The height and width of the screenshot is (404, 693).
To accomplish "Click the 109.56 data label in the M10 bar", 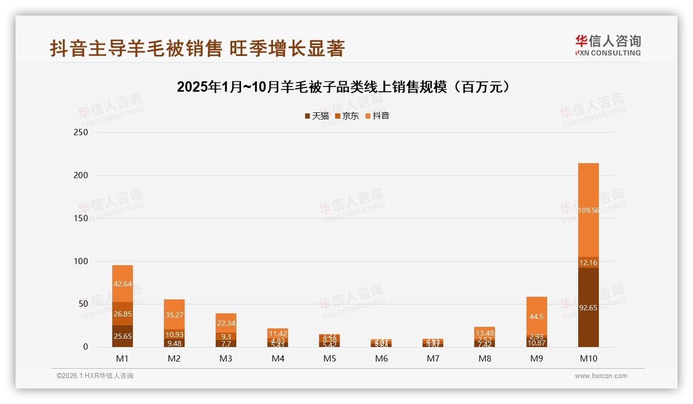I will (588, 211).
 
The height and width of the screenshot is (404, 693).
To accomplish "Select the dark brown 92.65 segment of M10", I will (588, 308).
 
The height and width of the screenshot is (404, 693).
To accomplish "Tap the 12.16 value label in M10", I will (588, 263).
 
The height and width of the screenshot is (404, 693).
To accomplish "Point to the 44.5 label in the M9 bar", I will (536, 316).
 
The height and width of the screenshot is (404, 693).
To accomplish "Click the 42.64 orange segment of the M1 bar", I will (123, 283).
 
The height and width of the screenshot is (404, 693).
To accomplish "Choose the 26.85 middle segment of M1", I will (123, 313).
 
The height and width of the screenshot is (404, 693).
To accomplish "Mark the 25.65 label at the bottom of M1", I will (123, 336).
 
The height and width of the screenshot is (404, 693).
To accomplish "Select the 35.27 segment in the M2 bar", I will (174, 314).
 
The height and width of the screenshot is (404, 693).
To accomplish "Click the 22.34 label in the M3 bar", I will (226, 323).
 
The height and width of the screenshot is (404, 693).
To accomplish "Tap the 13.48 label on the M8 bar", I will (485, 333).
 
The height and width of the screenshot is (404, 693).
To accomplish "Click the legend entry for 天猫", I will (317, 116).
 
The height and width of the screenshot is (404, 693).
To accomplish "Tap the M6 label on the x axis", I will (381, 358).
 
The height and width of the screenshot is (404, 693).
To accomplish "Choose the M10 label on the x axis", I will (588, 358).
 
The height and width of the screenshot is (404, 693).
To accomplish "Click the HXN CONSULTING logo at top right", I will (608, 46).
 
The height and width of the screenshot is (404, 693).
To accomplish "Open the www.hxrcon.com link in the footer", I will (601, 376).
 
